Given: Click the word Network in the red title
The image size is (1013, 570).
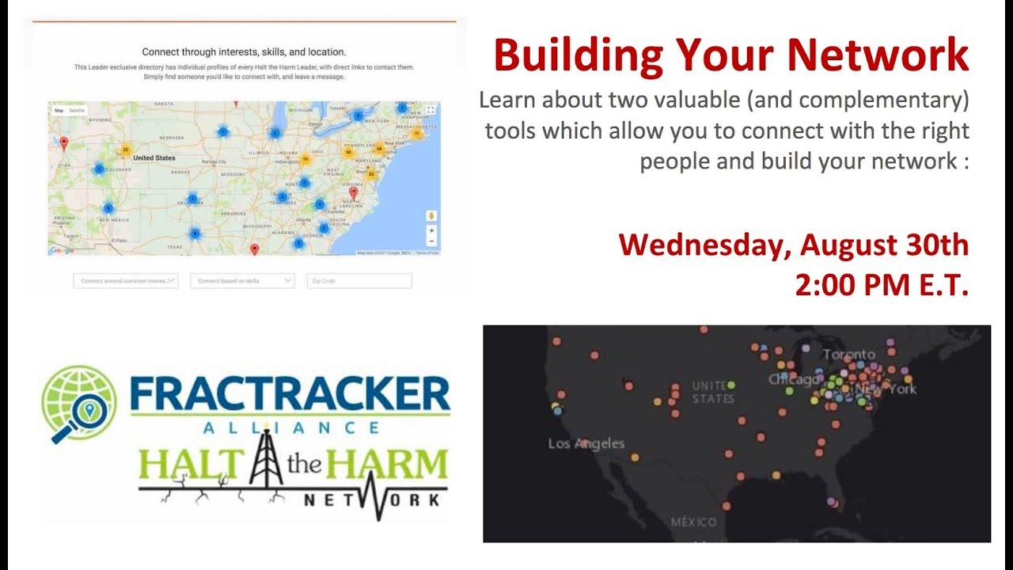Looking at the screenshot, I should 878,55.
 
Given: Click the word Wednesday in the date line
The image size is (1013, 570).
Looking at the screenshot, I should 703,245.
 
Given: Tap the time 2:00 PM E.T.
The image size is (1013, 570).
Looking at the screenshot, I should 882,285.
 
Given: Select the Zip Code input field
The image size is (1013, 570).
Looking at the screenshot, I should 359,281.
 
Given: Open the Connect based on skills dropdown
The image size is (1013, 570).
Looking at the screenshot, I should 242,281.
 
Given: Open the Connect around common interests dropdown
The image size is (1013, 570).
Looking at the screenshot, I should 126,281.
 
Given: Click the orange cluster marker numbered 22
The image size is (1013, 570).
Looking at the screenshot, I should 125,150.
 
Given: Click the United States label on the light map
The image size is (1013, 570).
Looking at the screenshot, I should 154,158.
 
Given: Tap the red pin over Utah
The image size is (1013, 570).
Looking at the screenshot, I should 65,142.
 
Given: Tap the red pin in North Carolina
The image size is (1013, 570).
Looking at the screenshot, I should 354,192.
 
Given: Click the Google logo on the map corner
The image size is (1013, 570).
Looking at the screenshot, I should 62,250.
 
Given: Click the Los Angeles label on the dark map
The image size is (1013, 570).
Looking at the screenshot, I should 586,443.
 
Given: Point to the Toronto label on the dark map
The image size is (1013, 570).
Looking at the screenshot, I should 848,354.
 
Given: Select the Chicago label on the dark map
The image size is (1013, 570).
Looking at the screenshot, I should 794,379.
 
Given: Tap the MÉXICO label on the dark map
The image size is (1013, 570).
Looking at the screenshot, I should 693,522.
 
